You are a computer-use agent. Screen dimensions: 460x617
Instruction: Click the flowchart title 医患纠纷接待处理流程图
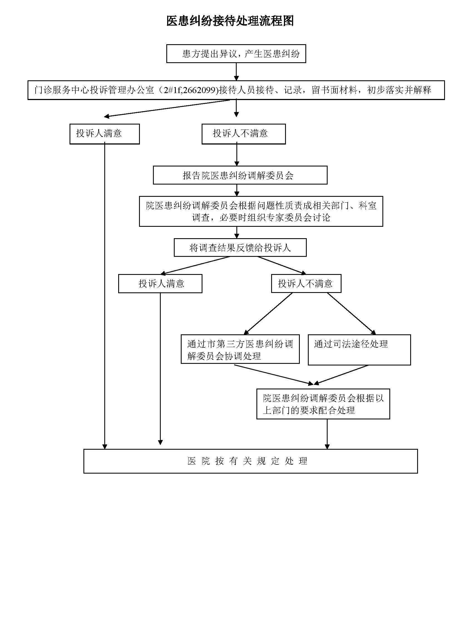pos(230,21)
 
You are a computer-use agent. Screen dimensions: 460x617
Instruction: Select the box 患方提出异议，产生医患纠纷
pos(236,53)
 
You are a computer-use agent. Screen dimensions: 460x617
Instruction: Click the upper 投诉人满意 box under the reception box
pos(104,134)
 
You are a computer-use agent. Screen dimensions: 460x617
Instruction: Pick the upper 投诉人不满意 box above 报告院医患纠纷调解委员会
pos(244,134)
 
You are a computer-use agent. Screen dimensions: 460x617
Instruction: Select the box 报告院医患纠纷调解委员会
pos(240,175)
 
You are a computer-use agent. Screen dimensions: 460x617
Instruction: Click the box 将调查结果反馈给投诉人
pos(240,247)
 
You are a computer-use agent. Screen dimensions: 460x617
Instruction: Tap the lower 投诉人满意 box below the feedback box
pos(160,283)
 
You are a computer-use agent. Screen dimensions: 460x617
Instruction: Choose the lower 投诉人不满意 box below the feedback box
pos(306,283)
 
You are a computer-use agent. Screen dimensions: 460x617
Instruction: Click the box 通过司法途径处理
pos(359,350)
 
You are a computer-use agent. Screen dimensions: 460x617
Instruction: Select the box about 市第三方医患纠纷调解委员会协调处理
pos(240,349)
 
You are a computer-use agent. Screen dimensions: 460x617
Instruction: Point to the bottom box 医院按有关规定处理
pos(251,461)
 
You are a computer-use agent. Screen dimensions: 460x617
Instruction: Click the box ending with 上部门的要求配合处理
pos(323,404)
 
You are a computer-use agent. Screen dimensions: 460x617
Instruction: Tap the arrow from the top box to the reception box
pos(236,72)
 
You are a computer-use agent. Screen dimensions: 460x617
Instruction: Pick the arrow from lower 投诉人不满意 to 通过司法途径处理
pos(352,314)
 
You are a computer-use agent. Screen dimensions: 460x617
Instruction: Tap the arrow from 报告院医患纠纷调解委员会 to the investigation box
pos(237,190)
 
